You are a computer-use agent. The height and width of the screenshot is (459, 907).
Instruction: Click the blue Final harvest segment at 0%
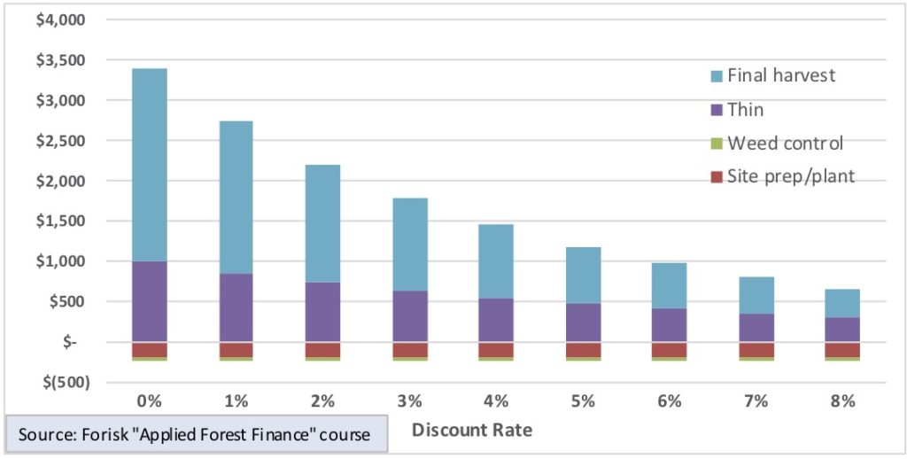(x=150, y=165)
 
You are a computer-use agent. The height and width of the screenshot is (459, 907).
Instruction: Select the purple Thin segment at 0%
(x=150, y=301)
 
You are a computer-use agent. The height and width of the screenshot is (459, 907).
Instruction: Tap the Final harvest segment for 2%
(x=322, y=223)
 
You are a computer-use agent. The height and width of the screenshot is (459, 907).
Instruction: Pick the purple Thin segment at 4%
(x=496, y=320)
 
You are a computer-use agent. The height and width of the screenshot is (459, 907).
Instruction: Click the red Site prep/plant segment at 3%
(x=409, y=349)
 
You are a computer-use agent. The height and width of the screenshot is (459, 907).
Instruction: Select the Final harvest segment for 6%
(x=669, y=285)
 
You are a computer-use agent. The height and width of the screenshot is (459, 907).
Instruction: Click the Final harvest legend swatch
(x=717, y=76)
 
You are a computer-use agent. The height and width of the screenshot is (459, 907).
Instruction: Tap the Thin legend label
(x=745, y=110)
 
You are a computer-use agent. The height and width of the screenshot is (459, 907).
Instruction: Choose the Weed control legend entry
(x=785, y=144)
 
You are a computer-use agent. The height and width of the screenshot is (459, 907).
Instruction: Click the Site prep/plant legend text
(x=791, y=176)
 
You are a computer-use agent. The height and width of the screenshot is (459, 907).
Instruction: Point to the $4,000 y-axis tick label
(x=58, y=19)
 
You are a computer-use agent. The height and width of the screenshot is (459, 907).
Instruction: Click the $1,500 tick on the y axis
(x=58, y=222)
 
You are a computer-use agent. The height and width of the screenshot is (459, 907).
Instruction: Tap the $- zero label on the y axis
(x=67, y=342)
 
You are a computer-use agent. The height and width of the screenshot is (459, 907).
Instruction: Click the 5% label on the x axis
(x=583, y=401)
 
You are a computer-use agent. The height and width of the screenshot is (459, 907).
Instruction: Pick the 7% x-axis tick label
(x=756, y=401)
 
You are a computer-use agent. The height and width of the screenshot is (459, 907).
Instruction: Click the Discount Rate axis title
(x=472, y=432)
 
